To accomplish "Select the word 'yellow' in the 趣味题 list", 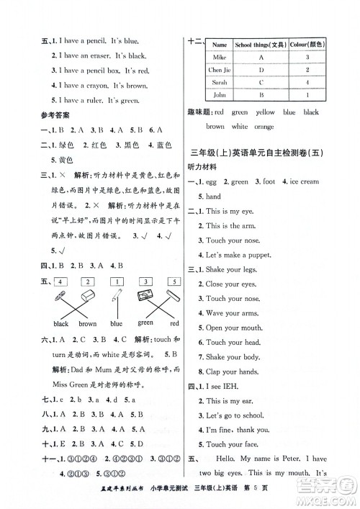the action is point(266,112).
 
